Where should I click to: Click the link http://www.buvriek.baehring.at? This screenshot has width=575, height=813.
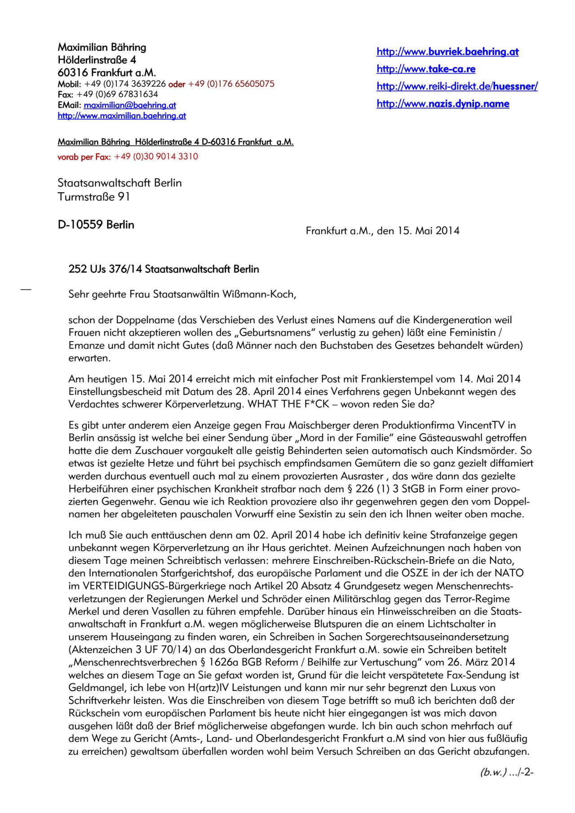(447, 52)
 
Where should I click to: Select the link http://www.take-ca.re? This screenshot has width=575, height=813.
(426, 69)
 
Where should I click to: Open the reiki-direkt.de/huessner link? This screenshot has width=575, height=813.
(457, 86)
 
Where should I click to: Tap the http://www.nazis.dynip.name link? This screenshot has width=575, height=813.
(442, 104)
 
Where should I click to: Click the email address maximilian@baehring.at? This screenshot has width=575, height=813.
(130, 105)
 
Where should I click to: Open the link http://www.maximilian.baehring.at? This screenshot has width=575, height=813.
(122, 116)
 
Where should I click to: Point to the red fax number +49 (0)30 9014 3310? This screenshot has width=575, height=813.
(156, 157)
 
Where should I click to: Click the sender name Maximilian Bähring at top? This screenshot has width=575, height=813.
(102, 47)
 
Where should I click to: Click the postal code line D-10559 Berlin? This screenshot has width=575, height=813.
(96, 224)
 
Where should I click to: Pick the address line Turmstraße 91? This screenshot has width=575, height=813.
(93, 197)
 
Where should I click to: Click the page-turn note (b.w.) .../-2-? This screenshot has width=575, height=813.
(506, 773)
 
